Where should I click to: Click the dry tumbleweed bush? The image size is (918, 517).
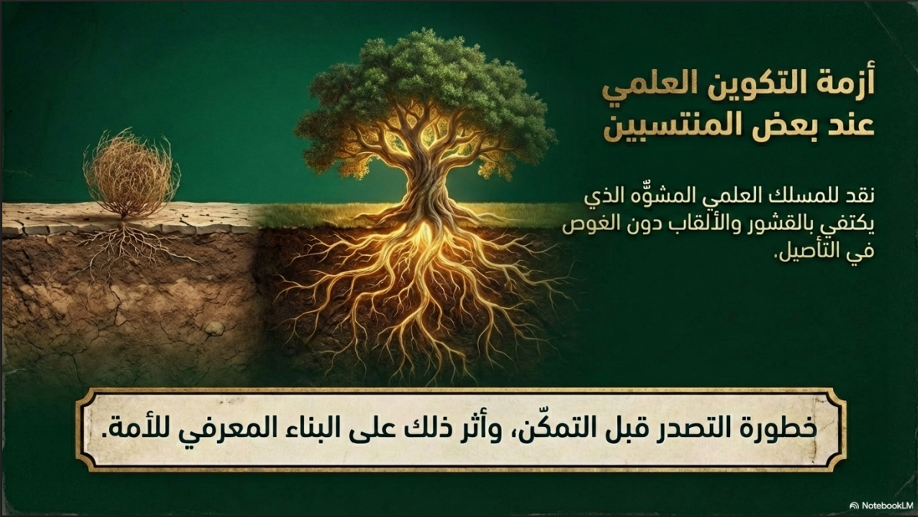tap(130, 173)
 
